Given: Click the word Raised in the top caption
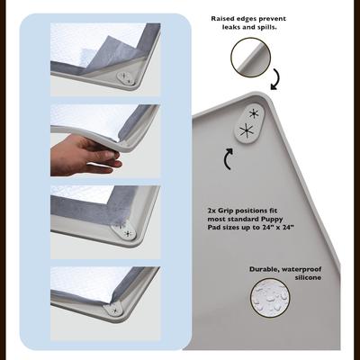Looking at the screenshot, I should click(x=224, y=17).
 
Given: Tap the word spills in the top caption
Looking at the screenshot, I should click(x=271, y=26).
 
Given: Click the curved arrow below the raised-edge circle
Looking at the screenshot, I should click(x=274, y=81).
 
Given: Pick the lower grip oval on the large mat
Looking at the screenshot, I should click(x=245, y=132).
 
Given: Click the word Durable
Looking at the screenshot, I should click(x=265, y=268).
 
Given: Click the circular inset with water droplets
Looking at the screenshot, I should click(x=271, y=301).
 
